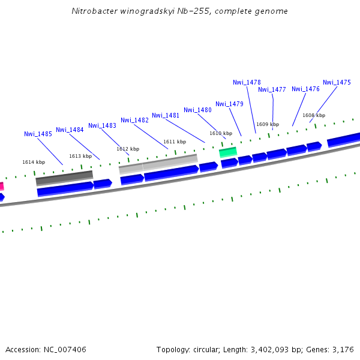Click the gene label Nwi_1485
(x=38, y=134)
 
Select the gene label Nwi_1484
(x=70, y=130)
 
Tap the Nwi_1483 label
(x=102, y=125)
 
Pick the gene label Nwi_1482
(x=134, y=120)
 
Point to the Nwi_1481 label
(x=166, y=115)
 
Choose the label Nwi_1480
(x=197, y=110)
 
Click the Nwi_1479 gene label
(x=229, y=104)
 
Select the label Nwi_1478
(x=247, y=82)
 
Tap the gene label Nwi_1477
(x=272, y=89)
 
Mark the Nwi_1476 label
(x=305, y=89)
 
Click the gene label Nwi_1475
(x=337, y=82)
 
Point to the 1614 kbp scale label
(x=34, y=162)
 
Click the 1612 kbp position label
(x=128, y=149)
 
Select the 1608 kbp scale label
(x=314, y=115)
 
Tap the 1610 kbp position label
(x=221, y=133)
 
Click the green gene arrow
(x=228, y=152)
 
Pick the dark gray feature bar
(x=64, y=178)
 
